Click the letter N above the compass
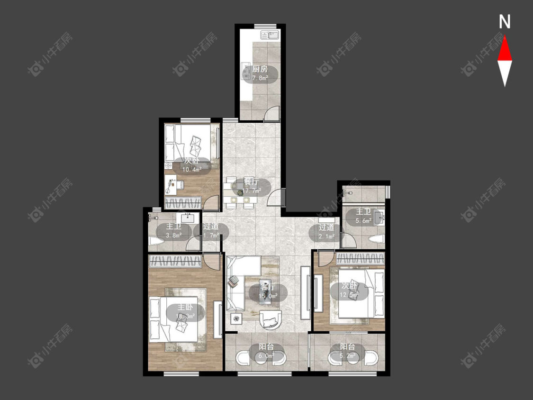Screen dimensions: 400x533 (x=505, y=22)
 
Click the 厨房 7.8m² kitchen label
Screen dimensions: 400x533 (x=260, y=74)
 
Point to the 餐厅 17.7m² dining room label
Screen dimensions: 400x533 (x=251, y=187)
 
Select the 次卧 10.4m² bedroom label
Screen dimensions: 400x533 (x=191, y=164)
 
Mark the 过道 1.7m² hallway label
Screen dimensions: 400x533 (x=211, y=231)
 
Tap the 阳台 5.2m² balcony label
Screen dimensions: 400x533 (x=347, y=351)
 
